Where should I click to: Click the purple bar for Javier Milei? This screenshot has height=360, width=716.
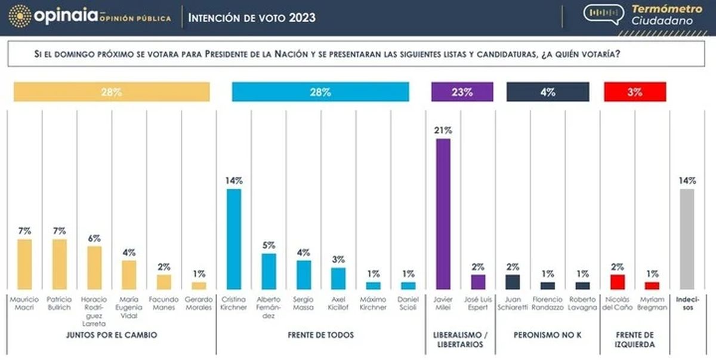click(x=443, y=214)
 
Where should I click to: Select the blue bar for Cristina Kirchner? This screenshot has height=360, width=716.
click(x=233, y=239)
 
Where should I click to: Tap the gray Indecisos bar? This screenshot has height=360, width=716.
click(x=687, y=239)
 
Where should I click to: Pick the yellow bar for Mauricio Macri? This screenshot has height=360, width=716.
click(x=24, y=264)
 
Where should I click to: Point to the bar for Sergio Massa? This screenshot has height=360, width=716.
click(x=304, y=275)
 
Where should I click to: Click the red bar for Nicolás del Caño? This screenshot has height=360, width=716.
click(x=618, y=282)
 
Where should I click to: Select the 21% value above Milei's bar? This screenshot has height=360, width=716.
click(x=443, y=130)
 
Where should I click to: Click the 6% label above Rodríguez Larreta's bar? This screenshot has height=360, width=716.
click(x=94, y=238)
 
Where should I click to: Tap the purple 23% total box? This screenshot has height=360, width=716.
click(x=462, y=92)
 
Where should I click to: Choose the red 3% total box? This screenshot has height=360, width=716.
click(x=634, y=92)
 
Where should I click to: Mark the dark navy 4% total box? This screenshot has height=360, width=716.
click(x=548, y=92)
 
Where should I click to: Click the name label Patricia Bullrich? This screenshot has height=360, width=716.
click(x=59, y=303)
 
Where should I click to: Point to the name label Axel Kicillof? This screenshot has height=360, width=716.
click(x=338, y=303)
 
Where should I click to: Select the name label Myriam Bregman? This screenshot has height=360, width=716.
click(x=652, y=303)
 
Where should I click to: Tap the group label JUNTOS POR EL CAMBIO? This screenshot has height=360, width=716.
click(x=111, y=335)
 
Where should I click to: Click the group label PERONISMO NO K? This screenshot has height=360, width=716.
click(x=548, y=335)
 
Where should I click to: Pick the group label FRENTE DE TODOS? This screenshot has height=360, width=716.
click(x=320, y=335)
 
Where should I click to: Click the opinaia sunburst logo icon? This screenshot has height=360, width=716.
click(x=20, y=16)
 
